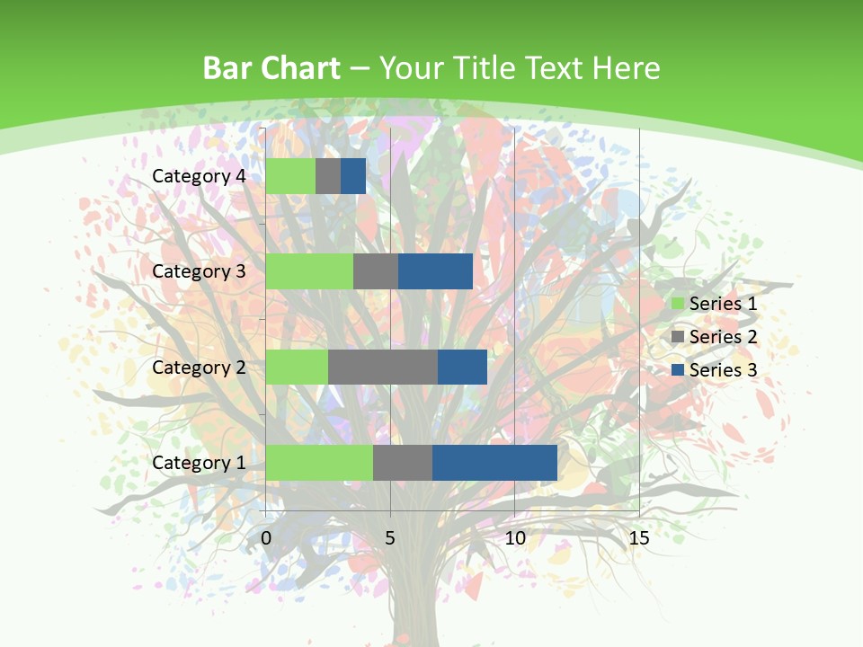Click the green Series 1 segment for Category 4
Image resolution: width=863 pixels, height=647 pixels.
[290, 176]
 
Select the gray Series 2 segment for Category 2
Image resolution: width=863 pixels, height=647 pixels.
[383, 367]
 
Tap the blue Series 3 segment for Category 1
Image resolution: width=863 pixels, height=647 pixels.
[494, 462]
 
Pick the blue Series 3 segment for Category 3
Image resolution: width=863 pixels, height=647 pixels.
[435, 271]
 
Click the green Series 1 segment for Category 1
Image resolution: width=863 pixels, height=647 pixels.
[319, 462]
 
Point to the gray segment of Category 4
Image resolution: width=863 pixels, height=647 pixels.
[328, 176]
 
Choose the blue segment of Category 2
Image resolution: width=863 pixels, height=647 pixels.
[462, 367]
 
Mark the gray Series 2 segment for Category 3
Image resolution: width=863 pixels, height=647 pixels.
[376, 271]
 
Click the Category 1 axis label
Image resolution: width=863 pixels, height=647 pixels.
[199, 463]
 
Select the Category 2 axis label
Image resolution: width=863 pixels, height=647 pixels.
[199, 368]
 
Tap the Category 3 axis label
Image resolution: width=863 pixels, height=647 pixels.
[199, 271]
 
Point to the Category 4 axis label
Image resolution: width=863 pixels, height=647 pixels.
[199, 176]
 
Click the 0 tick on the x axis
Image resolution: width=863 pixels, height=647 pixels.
[266, 538]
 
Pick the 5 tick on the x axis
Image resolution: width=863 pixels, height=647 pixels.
[390, 538]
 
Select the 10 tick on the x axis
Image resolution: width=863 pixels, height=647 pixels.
[514, 538]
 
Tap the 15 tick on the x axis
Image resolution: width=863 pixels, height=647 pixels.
[638, 538]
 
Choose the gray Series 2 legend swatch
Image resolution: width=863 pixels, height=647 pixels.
[678, 337]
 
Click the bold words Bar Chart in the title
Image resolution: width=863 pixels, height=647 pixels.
[271, 68]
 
